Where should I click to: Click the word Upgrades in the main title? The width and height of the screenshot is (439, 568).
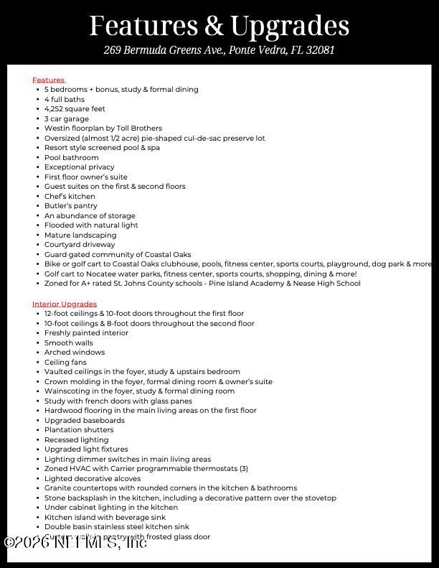click(289, 27)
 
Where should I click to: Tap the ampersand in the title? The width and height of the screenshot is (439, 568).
click(214, 27)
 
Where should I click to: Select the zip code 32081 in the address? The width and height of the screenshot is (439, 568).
click(320, 50)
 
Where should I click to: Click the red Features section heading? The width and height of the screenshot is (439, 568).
click(48, 80)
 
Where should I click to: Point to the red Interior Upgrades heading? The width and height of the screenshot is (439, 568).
click(65, 304)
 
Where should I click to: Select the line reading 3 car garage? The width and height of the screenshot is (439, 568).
click(67, 118)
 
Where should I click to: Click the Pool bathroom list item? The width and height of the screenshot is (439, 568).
click(72, 157)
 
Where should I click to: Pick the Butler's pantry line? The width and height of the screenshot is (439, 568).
click(71, 206)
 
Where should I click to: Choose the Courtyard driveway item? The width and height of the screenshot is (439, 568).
click(80, 245)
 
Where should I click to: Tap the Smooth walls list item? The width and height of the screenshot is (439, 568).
click(69, 343)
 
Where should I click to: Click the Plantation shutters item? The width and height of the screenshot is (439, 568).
click(79, 430)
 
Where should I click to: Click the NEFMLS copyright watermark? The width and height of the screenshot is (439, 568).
click(75, 542)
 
